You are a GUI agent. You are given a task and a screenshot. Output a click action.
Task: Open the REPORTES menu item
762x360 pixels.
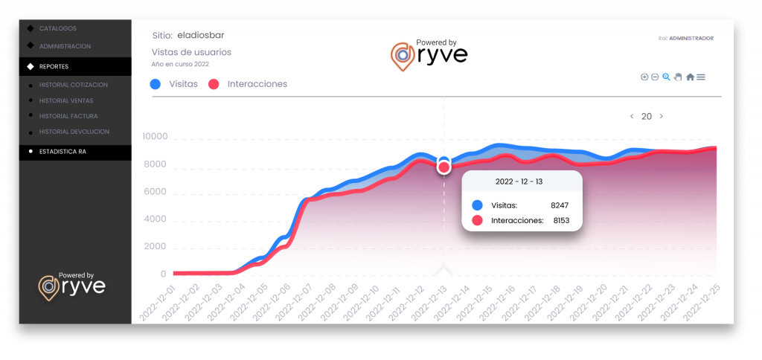pyautogui.click(x=54, y=66)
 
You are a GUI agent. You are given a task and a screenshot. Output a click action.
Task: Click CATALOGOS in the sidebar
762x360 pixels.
pyautogui.click(x=57, y=28)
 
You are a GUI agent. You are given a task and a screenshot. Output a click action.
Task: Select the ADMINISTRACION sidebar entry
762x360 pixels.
pyautogui.click(x=65, y=46)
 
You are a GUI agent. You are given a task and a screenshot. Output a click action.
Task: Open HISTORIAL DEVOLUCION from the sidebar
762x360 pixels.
pyautogui.click(x=74, y=132)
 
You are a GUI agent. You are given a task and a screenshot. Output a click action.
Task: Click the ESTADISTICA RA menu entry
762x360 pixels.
pyautogui.click(x=63, y=152)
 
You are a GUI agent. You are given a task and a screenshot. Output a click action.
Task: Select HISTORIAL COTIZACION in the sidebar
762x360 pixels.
pyautogui.click(x=73, y=85)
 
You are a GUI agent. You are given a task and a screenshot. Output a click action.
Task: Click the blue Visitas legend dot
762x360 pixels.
pyautogui.click(x=156, y=84)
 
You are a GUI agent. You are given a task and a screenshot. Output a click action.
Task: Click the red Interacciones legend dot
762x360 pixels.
pyautogui.click(x=214, y=84)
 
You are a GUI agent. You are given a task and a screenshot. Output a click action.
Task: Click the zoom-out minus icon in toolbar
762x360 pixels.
pyautogui.click(x=655, y=77)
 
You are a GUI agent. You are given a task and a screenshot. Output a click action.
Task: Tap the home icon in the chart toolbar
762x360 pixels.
pyautogui.click(x=690, y=77)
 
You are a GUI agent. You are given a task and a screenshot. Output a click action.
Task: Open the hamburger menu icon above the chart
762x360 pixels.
pyautogui.click(x=701, y=77)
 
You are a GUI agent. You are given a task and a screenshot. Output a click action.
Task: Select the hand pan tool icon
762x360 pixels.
pyautogui.click(x=678, y=77)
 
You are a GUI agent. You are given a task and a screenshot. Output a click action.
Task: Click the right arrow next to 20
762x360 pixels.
pyautogui.click(x=662, y=117)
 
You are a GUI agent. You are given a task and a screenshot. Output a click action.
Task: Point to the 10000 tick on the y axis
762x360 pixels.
pyautogui.click(x=154, y=138)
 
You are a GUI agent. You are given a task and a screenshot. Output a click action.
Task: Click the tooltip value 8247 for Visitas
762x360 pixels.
pyautogui.click(x=560, y=205)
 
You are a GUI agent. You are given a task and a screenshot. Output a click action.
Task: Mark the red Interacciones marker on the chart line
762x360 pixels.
pyautogui.click(x=444, y=167)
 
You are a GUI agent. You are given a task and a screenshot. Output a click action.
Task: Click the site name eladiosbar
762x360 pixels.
pyautogui.click(x=201, y=35)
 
